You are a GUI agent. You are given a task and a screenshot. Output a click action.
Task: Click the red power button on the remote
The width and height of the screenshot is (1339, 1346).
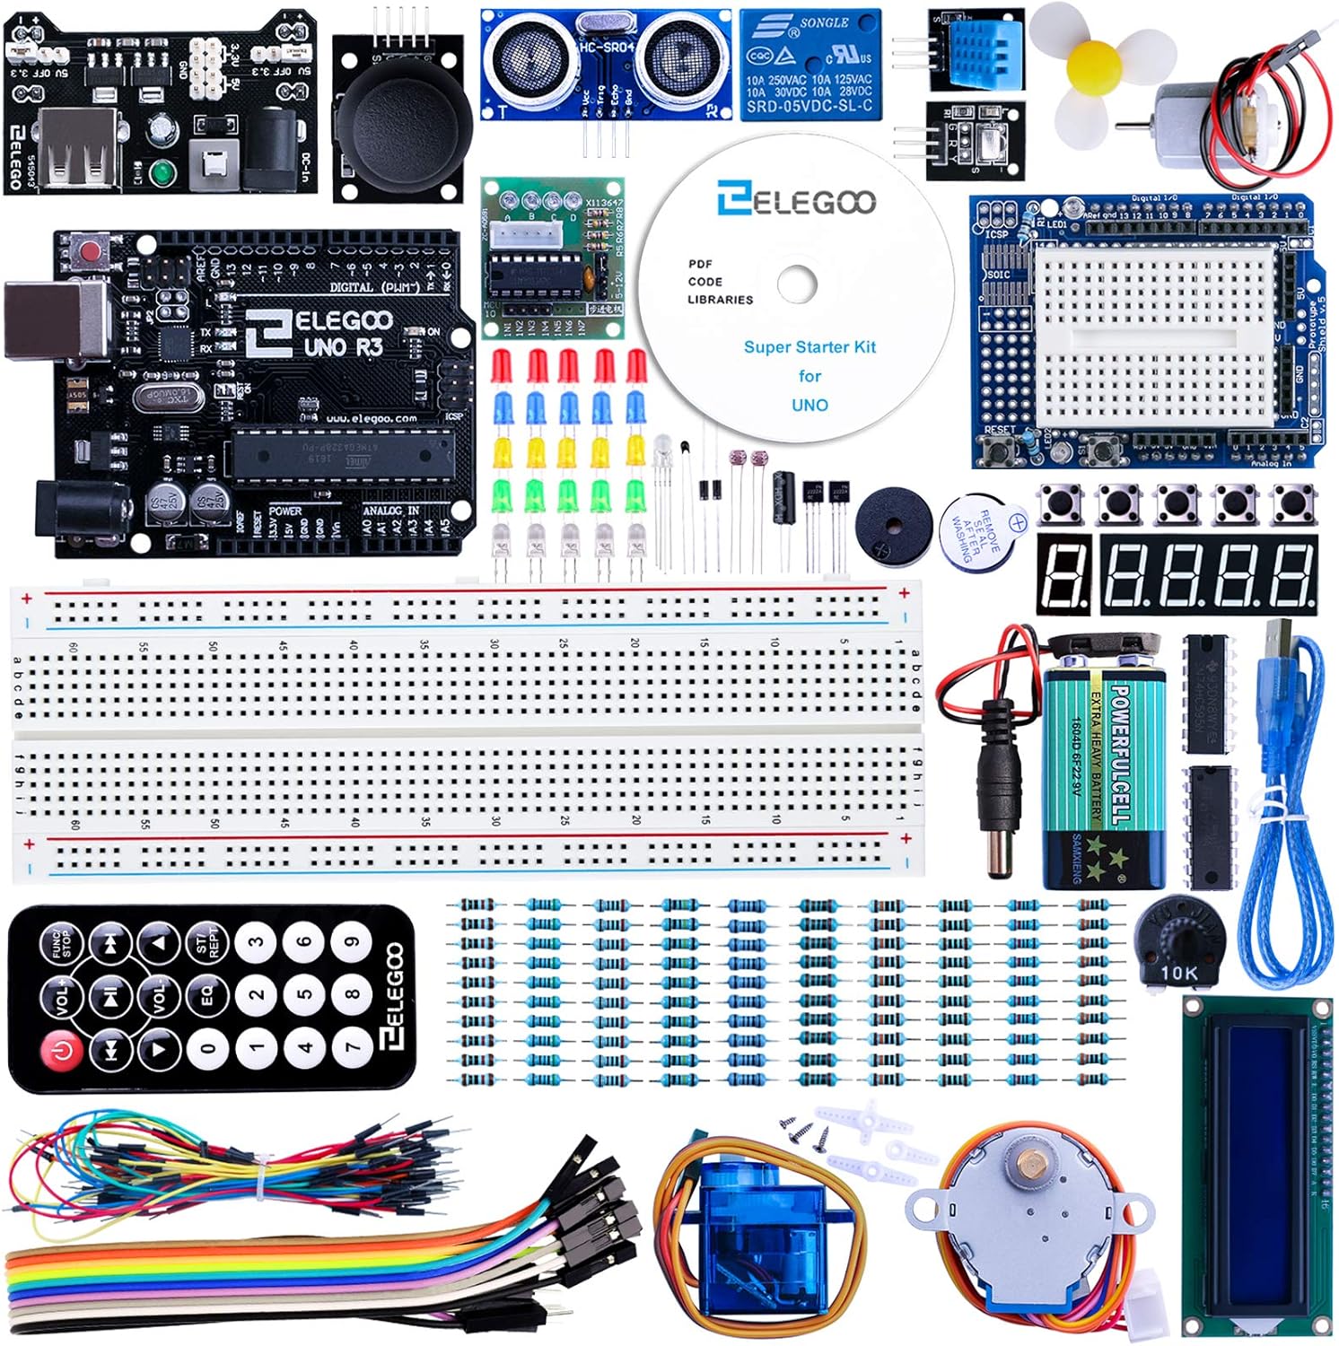point(62,1049)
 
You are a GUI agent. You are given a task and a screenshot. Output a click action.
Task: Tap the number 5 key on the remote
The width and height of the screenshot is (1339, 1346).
point(304,994)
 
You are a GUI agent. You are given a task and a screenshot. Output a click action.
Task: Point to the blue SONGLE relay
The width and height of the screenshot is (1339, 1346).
point(810,65)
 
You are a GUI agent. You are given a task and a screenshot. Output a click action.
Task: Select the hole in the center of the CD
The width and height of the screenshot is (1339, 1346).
point(797,284)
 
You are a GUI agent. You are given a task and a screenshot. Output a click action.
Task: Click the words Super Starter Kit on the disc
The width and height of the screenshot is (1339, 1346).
point(810,347)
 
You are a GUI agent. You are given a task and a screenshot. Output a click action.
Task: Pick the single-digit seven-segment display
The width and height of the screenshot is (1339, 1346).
point(1064,574)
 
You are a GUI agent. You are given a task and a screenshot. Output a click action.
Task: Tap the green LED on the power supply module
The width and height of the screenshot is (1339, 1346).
point(162,170)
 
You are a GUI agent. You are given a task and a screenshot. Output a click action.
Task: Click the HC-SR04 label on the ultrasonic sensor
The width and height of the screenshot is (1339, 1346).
point(607,47)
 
